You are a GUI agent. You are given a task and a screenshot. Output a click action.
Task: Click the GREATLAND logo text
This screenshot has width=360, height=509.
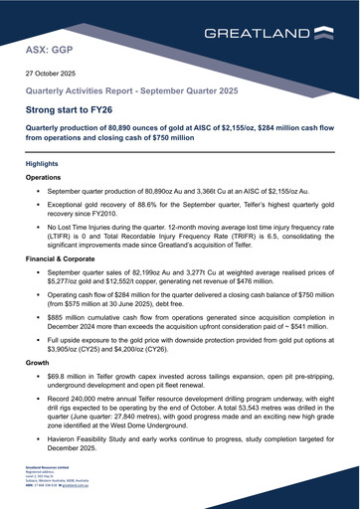(257, 33)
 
